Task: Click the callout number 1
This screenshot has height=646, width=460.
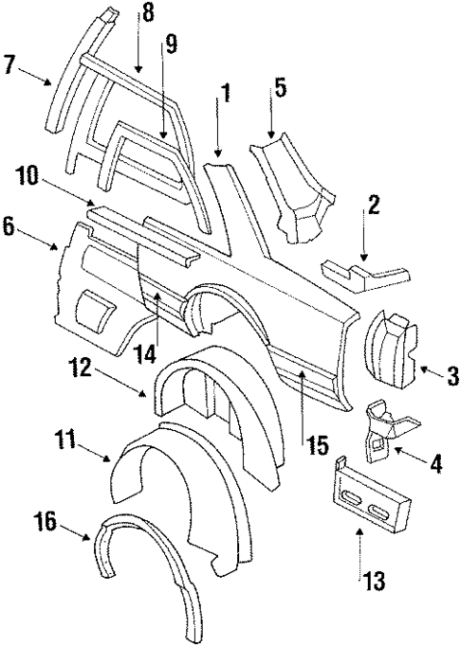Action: coord(224,95)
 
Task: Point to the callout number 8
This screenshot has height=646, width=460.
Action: coord(146,13)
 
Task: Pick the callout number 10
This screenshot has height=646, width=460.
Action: coord(26,176)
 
